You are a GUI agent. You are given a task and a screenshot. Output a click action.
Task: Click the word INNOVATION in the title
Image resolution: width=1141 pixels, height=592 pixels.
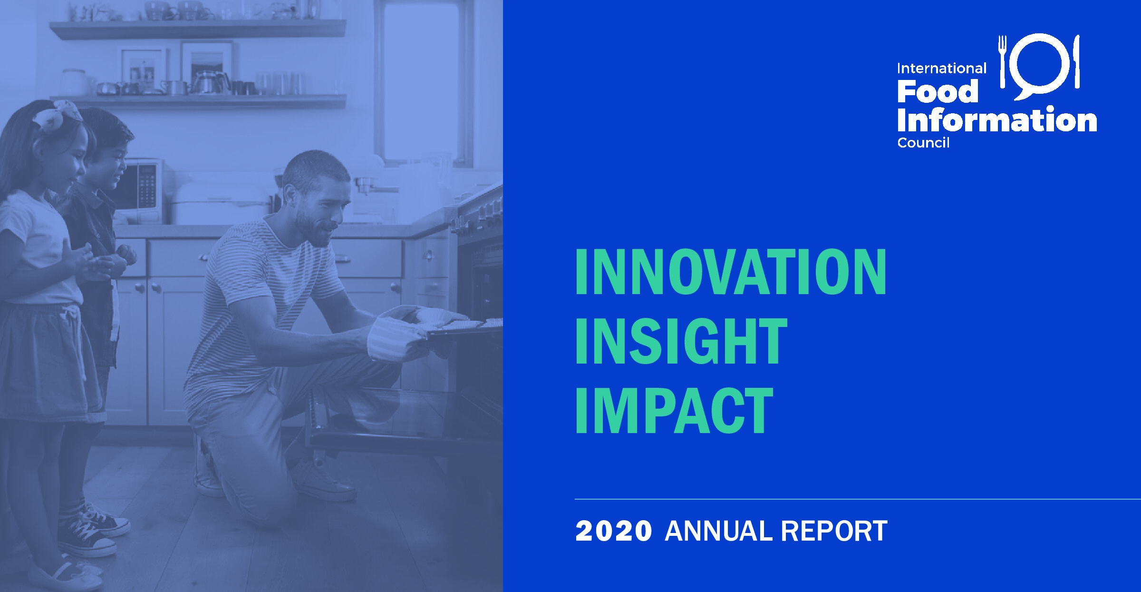click(x=731, y=272)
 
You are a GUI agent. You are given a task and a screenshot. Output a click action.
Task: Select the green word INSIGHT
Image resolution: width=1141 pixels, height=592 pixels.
click(x=681, y=341)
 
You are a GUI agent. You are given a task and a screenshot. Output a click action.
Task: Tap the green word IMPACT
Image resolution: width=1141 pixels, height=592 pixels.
click(x=674, y=410)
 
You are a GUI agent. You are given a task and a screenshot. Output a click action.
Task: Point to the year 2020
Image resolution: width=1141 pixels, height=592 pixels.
click(x=613, y=531)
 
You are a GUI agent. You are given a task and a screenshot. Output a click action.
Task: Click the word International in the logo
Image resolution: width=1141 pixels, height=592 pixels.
click(x=942, y=69)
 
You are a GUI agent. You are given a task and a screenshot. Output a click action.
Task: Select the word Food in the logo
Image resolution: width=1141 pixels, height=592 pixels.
click(x=938, y=91)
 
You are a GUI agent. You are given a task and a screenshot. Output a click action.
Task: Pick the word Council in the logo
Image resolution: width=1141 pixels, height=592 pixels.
click(x=923, y=143)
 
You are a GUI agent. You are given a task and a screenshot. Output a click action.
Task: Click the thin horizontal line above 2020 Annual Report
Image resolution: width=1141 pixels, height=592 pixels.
click(x=858, y=499)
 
